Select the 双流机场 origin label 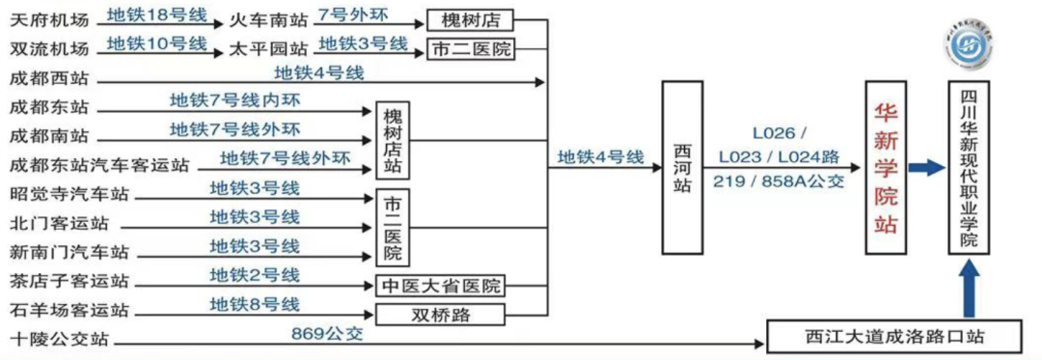48,48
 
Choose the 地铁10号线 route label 157,43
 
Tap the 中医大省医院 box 440,287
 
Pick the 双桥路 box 440,315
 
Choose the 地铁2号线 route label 255,276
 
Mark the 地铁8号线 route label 255,305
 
